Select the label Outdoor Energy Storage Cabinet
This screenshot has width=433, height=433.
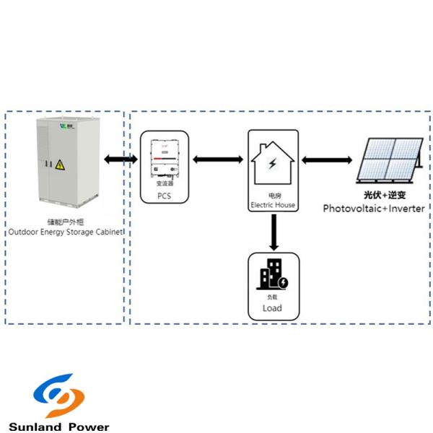65,232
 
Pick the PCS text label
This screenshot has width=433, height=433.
165,195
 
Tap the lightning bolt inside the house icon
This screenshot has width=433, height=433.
272,164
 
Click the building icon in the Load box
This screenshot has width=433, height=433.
273,275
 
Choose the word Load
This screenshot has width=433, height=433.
272,309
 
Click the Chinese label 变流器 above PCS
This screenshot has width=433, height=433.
165,184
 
